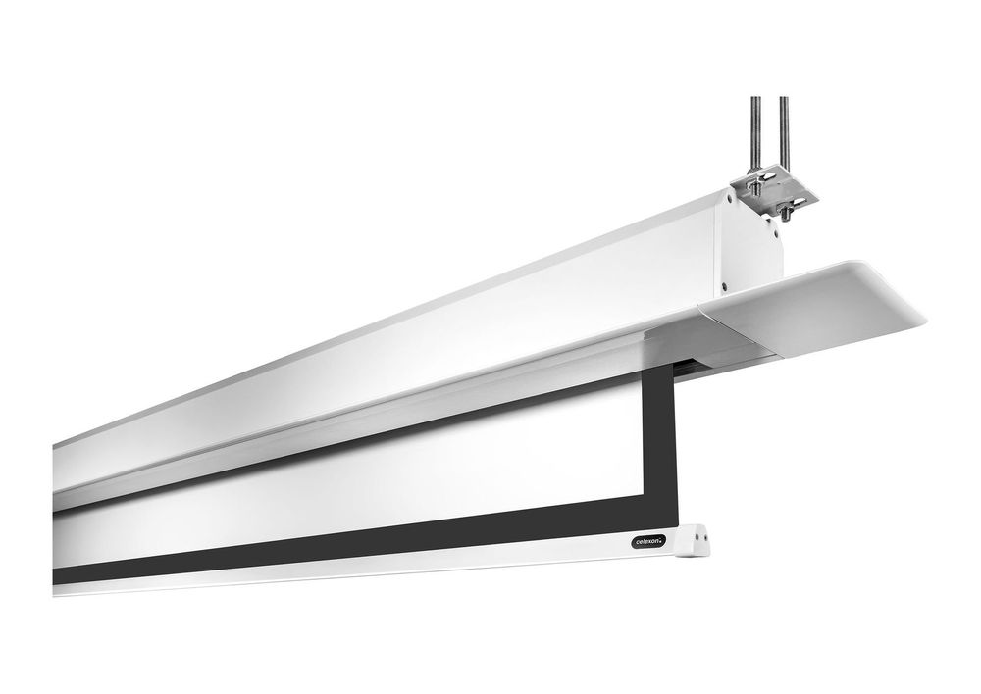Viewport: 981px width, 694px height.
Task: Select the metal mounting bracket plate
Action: click(775, 195)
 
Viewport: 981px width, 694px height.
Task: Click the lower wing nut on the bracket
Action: click(790, 206)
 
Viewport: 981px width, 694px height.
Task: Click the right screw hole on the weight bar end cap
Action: click(705, 535)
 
